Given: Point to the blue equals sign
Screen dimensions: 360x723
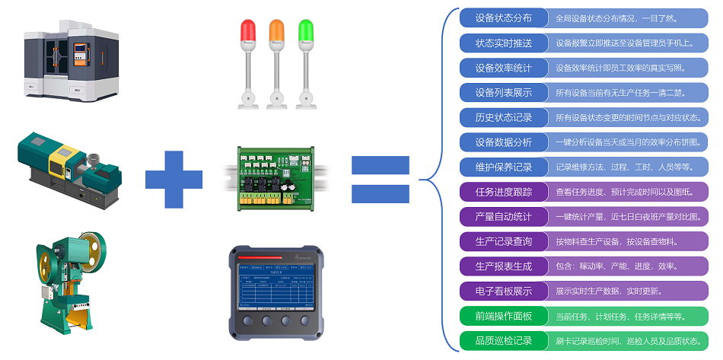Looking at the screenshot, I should pyautogui.click(x=380, y=179).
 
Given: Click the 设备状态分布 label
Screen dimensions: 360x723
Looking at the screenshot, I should pyautogui.click(x=503, y=18).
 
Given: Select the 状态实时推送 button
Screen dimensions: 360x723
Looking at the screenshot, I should pyautogui.click(x=503, y=43).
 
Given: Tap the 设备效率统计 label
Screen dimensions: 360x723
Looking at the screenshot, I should pyautogui.click(x=503, y=68).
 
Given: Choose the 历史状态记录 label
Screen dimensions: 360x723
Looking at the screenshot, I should pyautogui.click(x=503, y=117).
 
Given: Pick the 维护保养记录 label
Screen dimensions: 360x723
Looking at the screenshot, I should pyautogui.click(x=503, y=167).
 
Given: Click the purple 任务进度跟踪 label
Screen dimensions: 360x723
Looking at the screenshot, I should pyautogui.click(x=503, y=191).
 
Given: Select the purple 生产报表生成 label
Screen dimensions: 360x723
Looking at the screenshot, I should pyautogui.click(x=503, y=266).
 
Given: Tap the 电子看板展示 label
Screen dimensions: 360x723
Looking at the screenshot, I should pyautogui.click(x=503, y=291).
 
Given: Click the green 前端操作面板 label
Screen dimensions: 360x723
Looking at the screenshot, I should pyautogui.click(x=503, y=316).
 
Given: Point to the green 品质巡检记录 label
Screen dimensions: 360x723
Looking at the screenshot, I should pyautogui.click(x=503, y=340).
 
